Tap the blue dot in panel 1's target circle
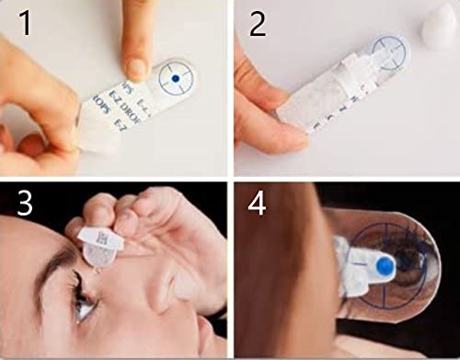(175, 82)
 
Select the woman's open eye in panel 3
(85, 309)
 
